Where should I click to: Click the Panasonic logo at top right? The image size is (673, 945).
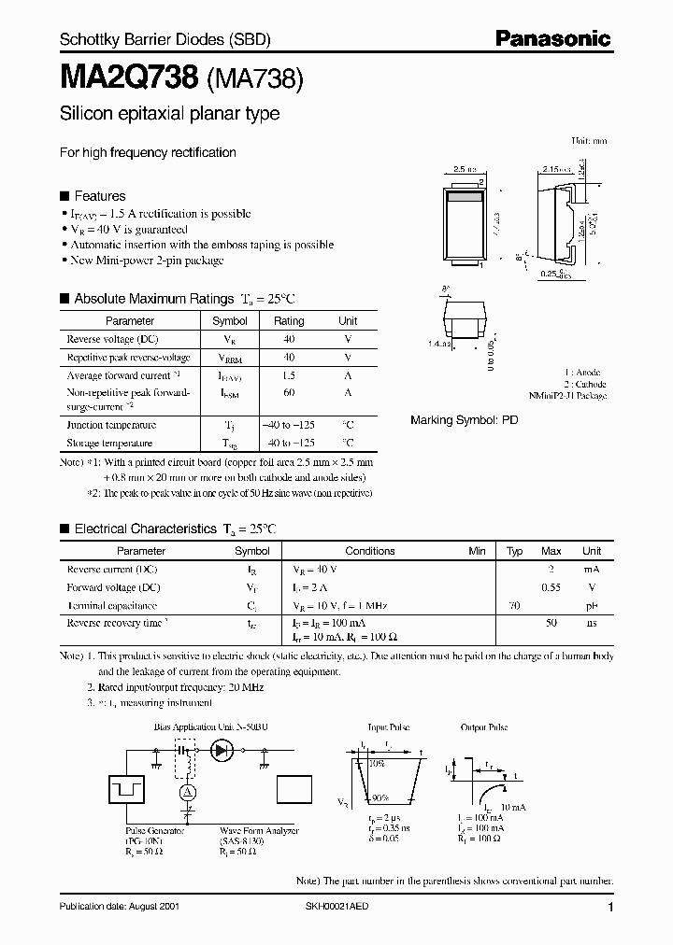(x=552, y=39)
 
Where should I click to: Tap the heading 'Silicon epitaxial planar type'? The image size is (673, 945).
(x=169, y=115)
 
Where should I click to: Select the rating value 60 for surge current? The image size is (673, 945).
(x=289, y=393)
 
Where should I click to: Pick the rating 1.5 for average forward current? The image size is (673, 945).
(x=289, y=375)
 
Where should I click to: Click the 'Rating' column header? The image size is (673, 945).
(x=289, y=320)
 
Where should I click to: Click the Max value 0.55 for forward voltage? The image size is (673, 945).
(x=551, y=587)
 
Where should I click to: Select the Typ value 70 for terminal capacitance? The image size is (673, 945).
(x=513, y=605)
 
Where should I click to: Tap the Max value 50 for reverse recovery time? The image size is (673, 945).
(x=551, y=622)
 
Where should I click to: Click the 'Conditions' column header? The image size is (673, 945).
(x=370, y=551)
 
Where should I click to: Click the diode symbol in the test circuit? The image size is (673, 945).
(x=222, y=749)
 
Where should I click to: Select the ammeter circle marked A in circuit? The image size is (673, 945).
(x=187, y=791)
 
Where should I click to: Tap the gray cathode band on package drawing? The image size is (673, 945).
(x=465, y=197)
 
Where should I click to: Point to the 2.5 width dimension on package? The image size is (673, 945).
(x=465, y=170)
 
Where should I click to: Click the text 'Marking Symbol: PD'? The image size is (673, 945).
(x=464, y=420)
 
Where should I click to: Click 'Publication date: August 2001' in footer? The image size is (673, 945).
(x=119, y=907)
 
